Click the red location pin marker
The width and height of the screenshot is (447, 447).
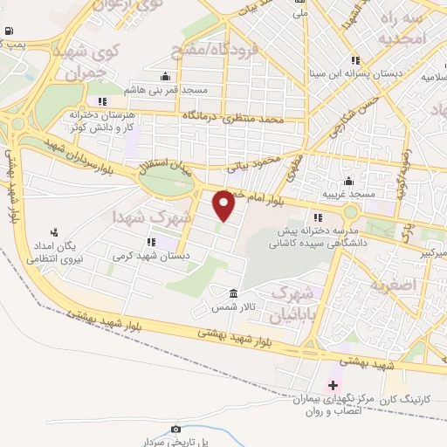pyautogui.click(x=224, y=205)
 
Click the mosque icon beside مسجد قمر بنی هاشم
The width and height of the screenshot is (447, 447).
pyautogui.click(x=166, y=76)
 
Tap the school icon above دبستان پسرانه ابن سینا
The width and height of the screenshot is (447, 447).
pyautogui.click(x=354, y=60)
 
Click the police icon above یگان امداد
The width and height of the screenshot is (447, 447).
pyautogui.click(x=55, y=232)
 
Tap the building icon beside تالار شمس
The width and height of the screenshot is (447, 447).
pyautogui.click(x=233, y=293)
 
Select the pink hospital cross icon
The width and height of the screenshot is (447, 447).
pyautogui.click(x=333, y=385)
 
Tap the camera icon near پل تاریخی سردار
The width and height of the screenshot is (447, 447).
pyautogui.click(x=176, y=429)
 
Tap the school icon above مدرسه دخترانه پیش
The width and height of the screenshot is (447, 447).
pyautogui.click(x=318, y=217)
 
